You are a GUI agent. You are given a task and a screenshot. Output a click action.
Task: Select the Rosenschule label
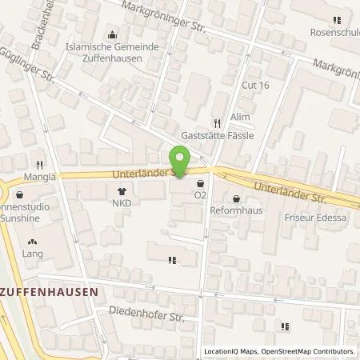(334, 33)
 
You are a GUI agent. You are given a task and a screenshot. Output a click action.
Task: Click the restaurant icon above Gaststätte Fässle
(217, 123)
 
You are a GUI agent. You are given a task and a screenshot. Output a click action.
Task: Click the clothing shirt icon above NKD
(122, 191)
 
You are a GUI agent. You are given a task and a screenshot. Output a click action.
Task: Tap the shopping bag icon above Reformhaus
(236, 199)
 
